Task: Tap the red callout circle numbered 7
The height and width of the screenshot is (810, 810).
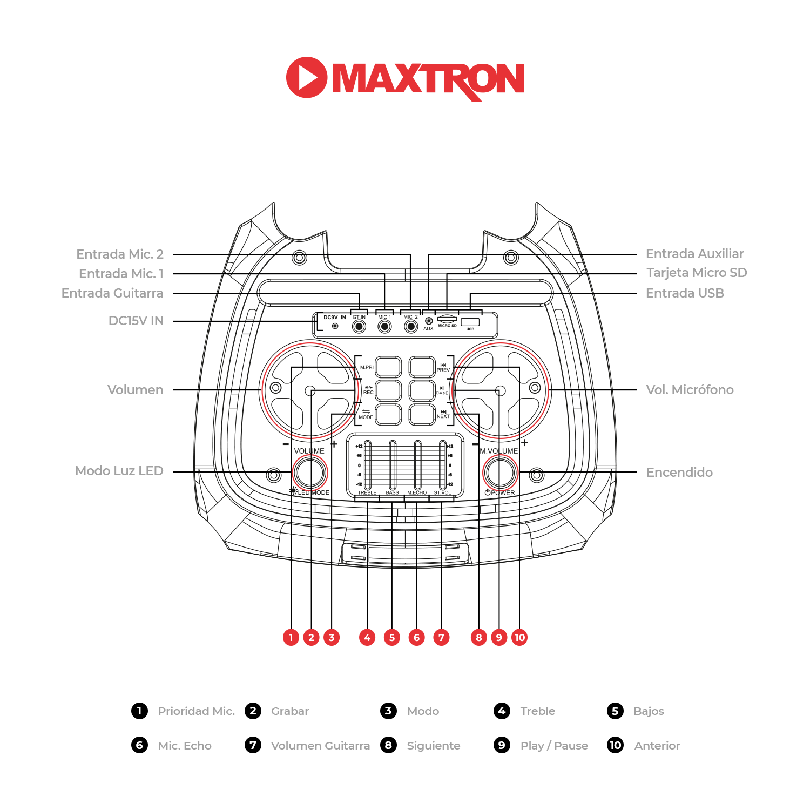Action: (x=441, y=637)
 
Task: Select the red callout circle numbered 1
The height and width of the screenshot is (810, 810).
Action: (x=291, y=637)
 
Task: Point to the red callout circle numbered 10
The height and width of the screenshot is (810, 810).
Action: (x=519, y=637)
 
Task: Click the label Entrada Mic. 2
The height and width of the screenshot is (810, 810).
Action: (x=120, y=254)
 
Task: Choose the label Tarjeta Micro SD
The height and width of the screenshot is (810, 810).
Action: (x=697, y=273)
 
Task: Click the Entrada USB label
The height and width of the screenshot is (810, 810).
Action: (x=685, y=293)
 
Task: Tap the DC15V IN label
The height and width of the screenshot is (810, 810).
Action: (x=136, y=321)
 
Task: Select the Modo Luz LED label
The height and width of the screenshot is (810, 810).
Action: (x=119, y=471)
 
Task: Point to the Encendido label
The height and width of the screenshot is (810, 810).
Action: (x=679, y=473)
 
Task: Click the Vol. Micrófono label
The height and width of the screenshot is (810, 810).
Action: (x=690, y=390)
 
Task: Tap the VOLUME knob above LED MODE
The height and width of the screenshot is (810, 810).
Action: (x=310, y=473)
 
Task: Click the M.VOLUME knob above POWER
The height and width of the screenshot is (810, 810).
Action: (x=500, y=473)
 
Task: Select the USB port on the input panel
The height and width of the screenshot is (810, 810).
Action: (x=470, y=322)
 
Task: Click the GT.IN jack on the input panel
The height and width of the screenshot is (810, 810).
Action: (x=359, y=326)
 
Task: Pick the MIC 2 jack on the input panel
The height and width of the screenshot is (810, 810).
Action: (x=411, y=326)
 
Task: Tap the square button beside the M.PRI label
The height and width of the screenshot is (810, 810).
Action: (x=388, y=367)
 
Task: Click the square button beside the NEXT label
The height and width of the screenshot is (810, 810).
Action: (x=422, y=415)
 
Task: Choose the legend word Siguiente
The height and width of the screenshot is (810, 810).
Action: (x=434, y=746)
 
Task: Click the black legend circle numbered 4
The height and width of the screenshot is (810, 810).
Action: (x=502, y=711)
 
